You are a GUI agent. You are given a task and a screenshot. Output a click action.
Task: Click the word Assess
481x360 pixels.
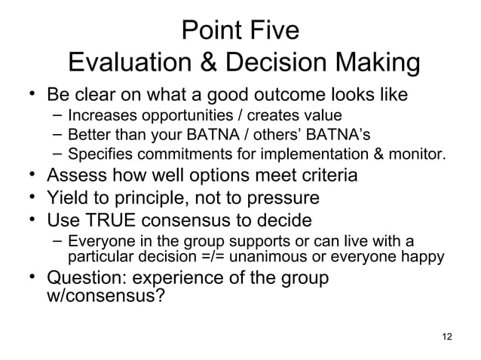point(81,177)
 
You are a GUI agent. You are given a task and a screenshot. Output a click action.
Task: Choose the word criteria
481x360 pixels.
point(325,177)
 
